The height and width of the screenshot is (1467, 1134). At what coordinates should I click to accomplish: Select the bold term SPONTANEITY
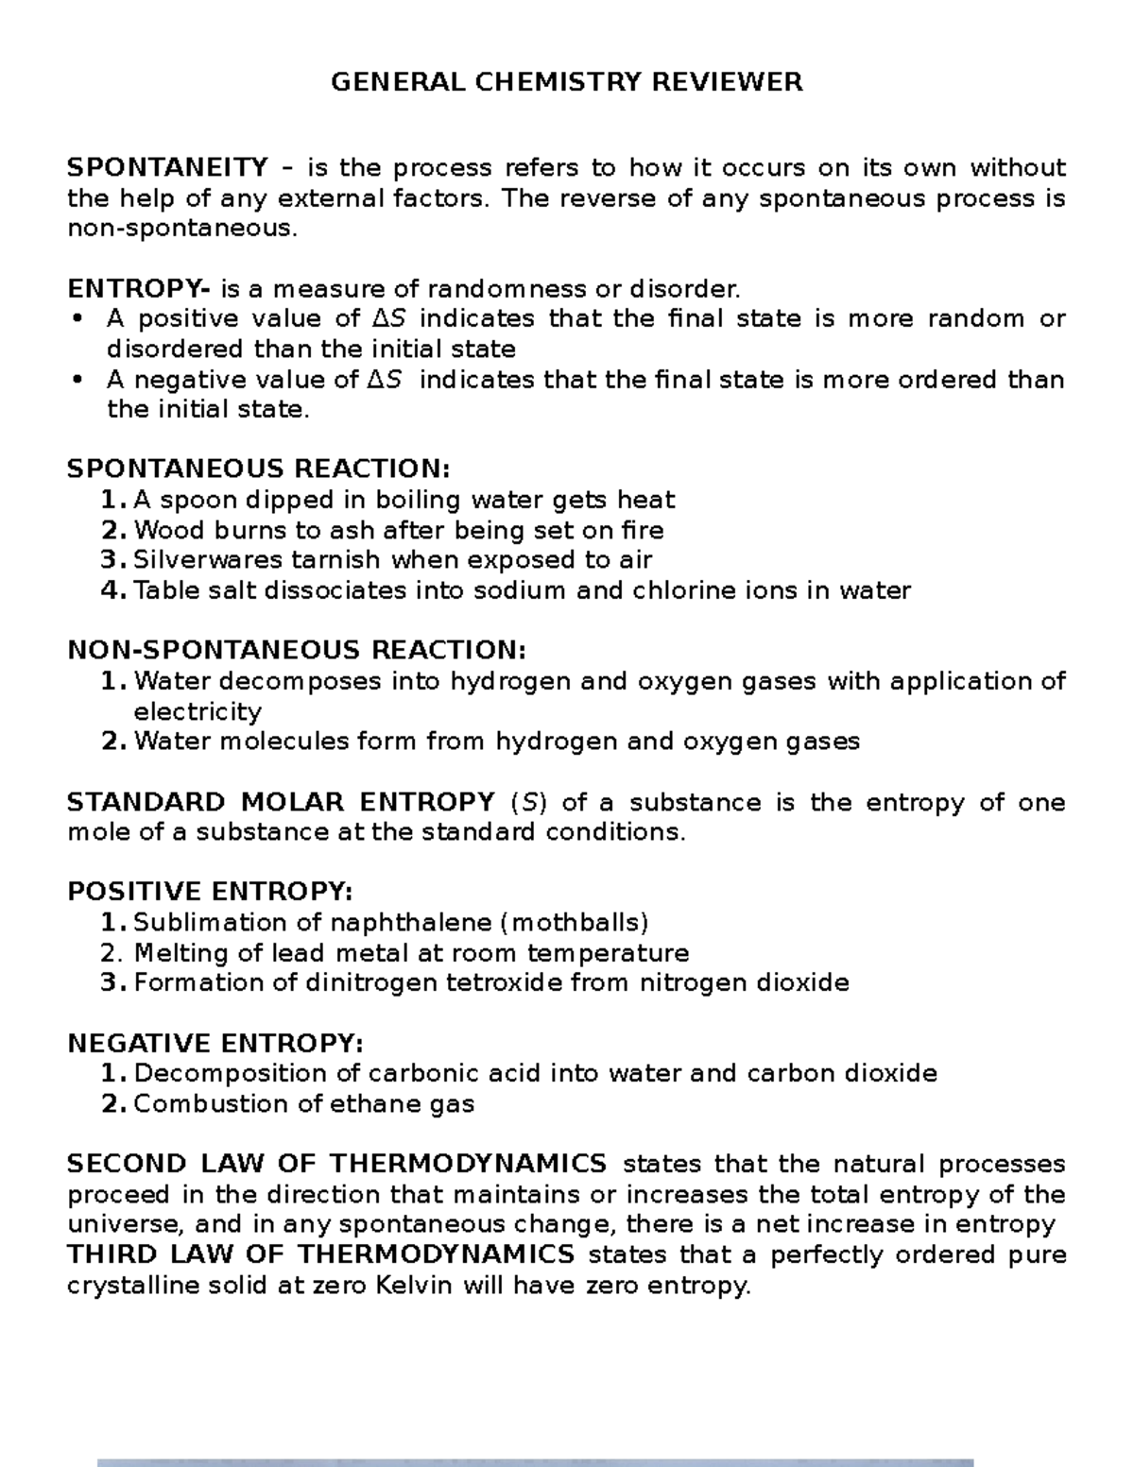point(167,168)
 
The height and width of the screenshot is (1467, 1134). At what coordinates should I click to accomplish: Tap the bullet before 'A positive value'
point(77,319)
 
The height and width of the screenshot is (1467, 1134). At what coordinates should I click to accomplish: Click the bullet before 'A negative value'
point(77,380)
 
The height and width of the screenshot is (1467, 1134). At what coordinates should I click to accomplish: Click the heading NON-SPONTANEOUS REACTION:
point(296,651)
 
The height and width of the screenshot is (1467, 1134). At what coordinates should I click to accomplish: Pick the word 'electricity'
point(198,711)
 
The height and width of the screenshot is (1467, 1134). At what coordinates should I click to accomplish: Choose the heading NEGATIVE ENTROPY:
point(215,1043)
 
